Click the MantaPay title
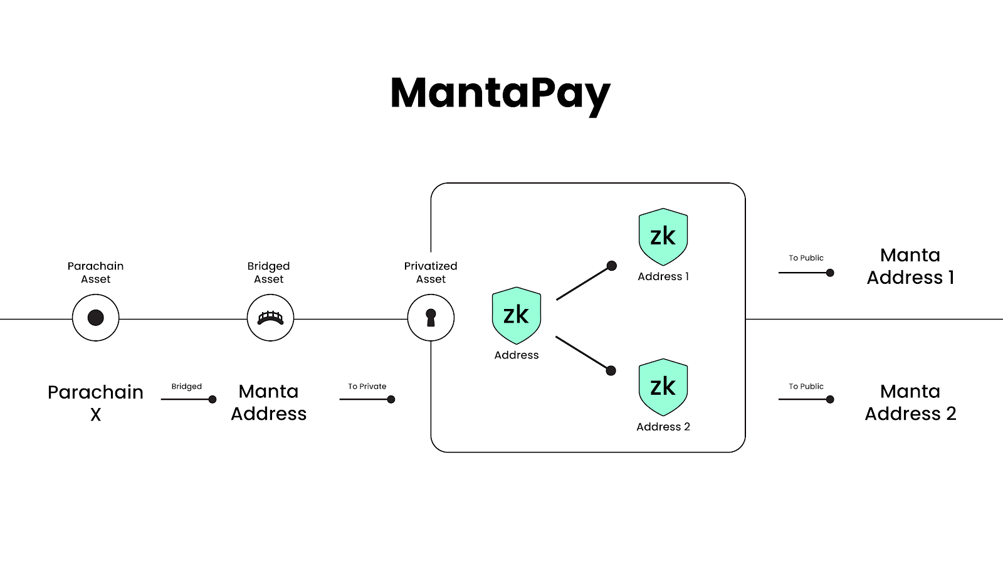[x=500, y=94]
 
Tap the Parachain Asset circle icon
[x=96, y=318]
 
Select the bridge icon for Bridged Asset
[x=270, y=318]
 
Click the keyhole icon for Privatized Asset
[x=431, y=318]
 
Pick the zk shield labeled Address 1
[x=663, y=237]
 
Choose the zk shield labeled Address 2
[x=663, y=387]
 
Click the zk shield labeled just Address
[x=517, y=315]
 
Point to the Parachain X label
[x=96, y=402]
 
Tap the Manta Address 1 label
[x=910, y=266]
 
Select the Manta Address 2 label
[x=910, y=402]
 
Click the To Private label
[x=367, y=387]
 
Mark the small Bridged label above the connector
[x=187, y=387]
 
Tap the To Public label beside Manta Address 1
[x=806, y=258]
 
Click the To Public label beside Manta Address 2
[x=806, y=387]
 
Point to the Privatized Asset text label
[x=431, y=273]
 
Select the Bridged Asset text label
[x=269, y=273]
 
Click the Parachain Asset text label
[x=96, y=273]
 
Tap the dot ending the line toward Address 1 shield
[x=612, y=266]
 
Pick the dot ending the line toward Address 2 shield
[x=611, y=371]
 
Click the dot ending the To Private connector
[x=391, y=399]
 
